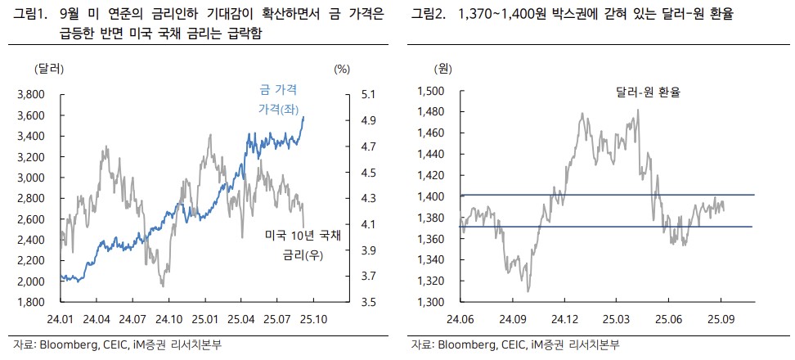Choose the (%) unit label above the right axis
(x=341, y=68)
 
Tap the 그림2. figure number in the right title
(x=429, y=15)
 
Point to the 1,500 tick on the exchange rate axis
(x=431, y=92)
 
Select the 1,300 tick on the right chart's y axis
(x=431, y=302)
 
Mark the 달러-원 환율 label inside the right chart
(x=649, y=93)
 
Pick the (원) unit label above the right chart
(x=442, y=68)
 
